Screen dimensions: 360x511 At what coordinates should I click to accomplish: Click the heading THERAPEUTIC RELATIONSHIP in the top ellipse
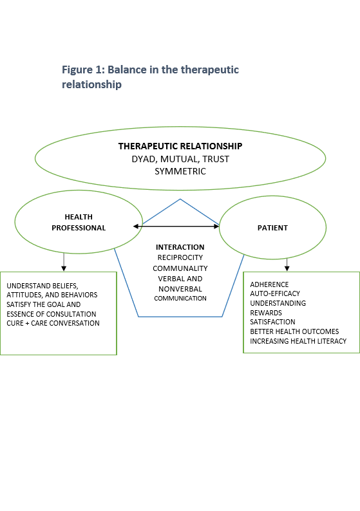[x=180, y=146]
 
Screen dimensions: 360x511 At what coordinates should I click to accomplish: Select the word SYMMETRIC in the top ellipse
[x=180, y=171]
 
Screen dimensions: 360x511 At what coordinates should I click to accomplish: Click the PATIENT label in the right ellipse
[x=272, y=228]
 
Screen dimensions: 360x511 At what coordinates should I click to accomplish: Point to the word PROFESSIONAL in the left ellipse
[x=79, y=228]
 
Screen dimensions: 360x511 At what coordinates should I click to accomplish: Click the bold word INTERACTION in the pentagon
[x=180, y=247]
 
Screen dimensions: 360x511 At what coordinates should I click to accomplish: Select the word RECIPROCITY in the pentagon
[x=180, y=257]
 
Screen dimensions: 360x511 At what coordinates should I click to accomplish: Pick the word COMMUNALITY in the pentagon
[x=180, y=268]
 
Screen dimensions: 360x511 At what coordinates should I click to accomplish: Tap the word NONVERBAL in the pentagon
[x=180, y=289]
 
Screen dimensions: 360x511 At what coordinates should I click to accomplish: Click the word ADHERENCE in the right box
[x=269, y=284]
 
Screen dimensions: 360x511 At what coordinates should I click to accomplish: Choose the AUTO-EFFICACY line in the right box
[x=275, y=293]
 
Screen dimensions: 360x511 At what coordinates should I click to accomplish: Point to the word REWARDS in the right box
[x=266, y=313]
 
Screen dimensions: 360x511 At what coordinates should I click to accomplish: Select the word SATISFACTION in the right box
[x=272, y=322]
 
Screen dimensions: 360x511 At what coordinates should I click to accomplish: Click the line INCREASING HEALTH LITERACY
[x=298, y=341]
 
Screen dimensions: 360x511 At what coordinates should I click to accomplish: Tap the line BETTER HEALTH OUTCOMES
[x=294, y=331]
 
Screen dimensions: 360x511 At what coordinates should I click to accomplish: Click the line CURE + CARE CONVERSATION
[x=53, y=323]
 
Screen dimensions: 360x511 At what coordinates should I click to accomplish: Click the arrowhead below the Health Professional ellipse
[x=64, y=268]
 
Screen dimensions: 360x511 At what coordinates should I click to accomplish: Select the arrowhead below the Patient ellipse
[x=287, y=268]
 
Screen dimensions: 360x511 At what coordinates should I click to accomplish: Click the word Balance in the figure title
[x=127, y=70]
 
